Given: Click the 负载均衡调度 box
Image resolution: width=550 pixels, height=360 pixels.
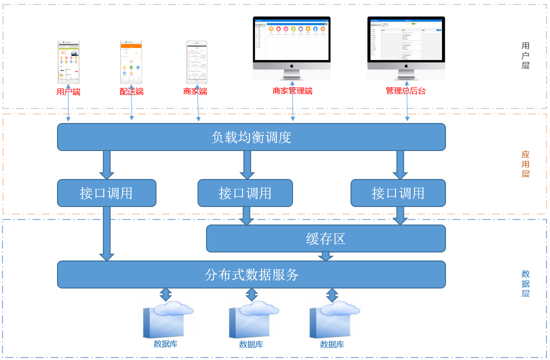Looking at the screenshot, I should click(251, 137).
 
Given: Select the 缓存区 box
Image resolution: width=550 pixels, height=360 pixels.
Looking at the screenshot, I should click(325, 238).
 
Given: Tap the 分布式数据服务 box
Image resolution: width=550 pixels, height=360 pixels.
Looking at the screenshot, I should click(251, 274).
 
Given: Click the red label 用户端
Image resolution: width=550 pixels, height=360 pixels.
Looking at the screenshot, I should click(68, 91).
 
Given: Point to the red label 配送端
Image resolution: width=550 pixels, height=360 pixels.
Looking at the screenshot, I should click(131, 91).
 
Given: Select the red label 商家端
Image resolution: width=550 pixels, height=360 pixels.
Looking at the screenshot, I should click(195, 91).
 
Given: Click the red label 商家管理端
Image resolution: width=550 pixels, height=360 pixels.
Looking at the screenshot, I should click(292, 91).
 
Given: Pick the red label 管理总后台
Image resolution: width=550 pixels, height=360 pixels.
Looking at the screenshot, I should click(405, 91).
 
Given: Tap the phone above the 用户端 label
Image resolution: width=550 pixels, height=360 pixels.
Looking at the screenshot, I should click(68, 62).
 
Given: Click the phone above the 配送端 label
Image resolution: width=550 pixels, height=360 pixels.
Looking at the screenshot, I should click(131, 62).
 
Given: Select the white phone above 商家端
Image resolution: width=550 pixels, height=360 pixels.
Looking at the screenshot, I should click(196, 62).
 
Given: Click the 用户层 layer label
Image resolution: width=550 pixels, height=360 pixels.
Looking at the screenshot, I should click(525, 55).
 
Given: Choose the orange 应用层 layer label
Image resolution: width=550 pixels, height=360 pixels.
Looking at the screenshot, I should click(525, 164).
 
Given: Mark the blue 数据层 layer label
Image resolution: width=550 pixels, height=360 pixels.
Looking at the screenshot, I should click(525, 283).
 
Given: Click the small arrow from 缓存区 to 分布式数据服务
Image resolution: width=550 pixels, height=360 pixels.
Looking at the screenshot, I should click(325, 256).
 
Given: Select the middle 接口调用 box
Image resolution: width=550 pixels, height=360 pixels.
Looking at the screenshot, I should click(245, 193).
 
